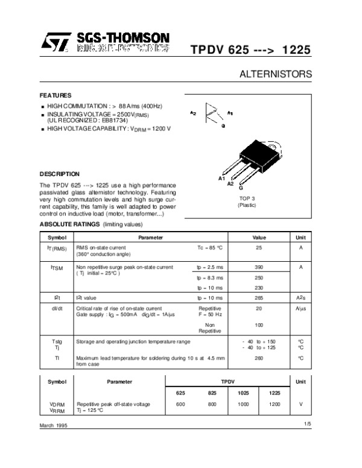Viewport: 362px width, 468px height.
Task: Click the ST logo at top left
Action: coord(54,42)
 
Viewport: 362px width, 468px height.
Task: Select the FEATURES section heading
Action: coord(56,95)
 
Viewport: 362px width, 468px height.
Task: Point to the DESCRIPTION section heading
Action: coord(59,174)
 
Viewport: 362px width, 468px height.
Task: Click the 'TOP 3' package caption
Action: coord(247,198)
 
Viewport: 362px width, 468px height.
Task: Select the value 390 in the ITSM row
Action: coord(259,267)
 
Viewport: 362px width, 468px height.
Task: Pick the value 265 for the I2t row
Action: coord(259,297)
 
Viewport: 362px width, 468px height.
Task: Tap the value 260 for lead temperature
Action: coord(259,358)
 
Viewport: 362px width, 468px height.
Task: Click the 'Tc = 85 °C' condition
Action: coord(210,247)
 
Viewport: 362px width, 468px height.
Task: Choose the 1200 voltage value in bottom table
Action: coord(275,404)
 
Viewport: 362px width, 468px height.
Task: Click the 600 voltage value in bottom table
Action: coord(180,404)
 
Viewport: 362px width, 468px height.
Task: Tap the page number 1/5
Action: coord(308,425)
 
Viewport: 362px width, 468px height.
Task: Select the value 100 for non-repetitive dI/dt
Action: coord(259,325)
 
